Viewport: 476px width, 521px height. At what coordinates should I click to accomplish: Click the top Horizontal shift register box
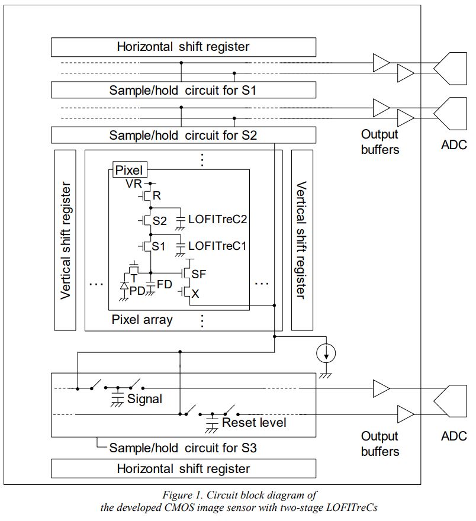coord(183,47)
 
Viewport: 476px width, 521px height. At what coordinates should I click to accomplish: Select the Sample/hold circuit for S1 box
coord(183,90)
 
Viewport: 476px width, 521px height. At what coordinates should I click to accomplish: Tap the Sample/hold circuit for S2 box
coord(183,135)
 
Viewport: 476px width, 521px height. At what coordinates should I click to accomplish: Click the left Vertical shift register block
coord(65,240)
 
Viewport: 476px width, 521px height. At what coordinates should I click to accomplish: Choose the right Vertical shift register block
coord(302,240)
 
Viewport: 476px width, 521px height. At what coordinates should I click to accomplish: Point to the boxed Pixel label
coord(128,170)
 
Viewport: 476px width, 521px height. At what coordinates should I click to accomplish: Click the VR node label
coord(133,184)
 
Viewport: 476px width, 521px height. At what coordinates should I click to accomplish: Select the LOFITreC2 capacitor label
coord(217,219)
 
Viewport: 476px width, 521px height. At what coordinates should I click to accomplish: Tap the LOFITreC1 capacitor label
coord(217,245)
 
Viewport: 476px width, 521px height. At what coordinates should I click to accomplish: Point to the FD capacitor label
coord(164,285)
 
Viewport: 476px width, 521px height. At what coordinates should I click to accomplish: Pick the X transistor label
coord(195,292)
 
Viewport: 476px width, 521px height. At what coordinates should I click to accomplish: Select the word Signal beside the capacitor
coord(144,399)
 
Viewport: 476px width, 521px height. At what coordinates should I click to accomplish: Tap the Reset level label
coord(254,423)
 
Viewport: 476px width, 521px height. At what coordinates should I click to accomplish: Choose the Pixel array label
coord(142,320)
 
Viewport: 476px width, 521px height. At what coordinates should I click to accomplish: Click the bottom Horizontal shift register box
coord(183,468)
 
